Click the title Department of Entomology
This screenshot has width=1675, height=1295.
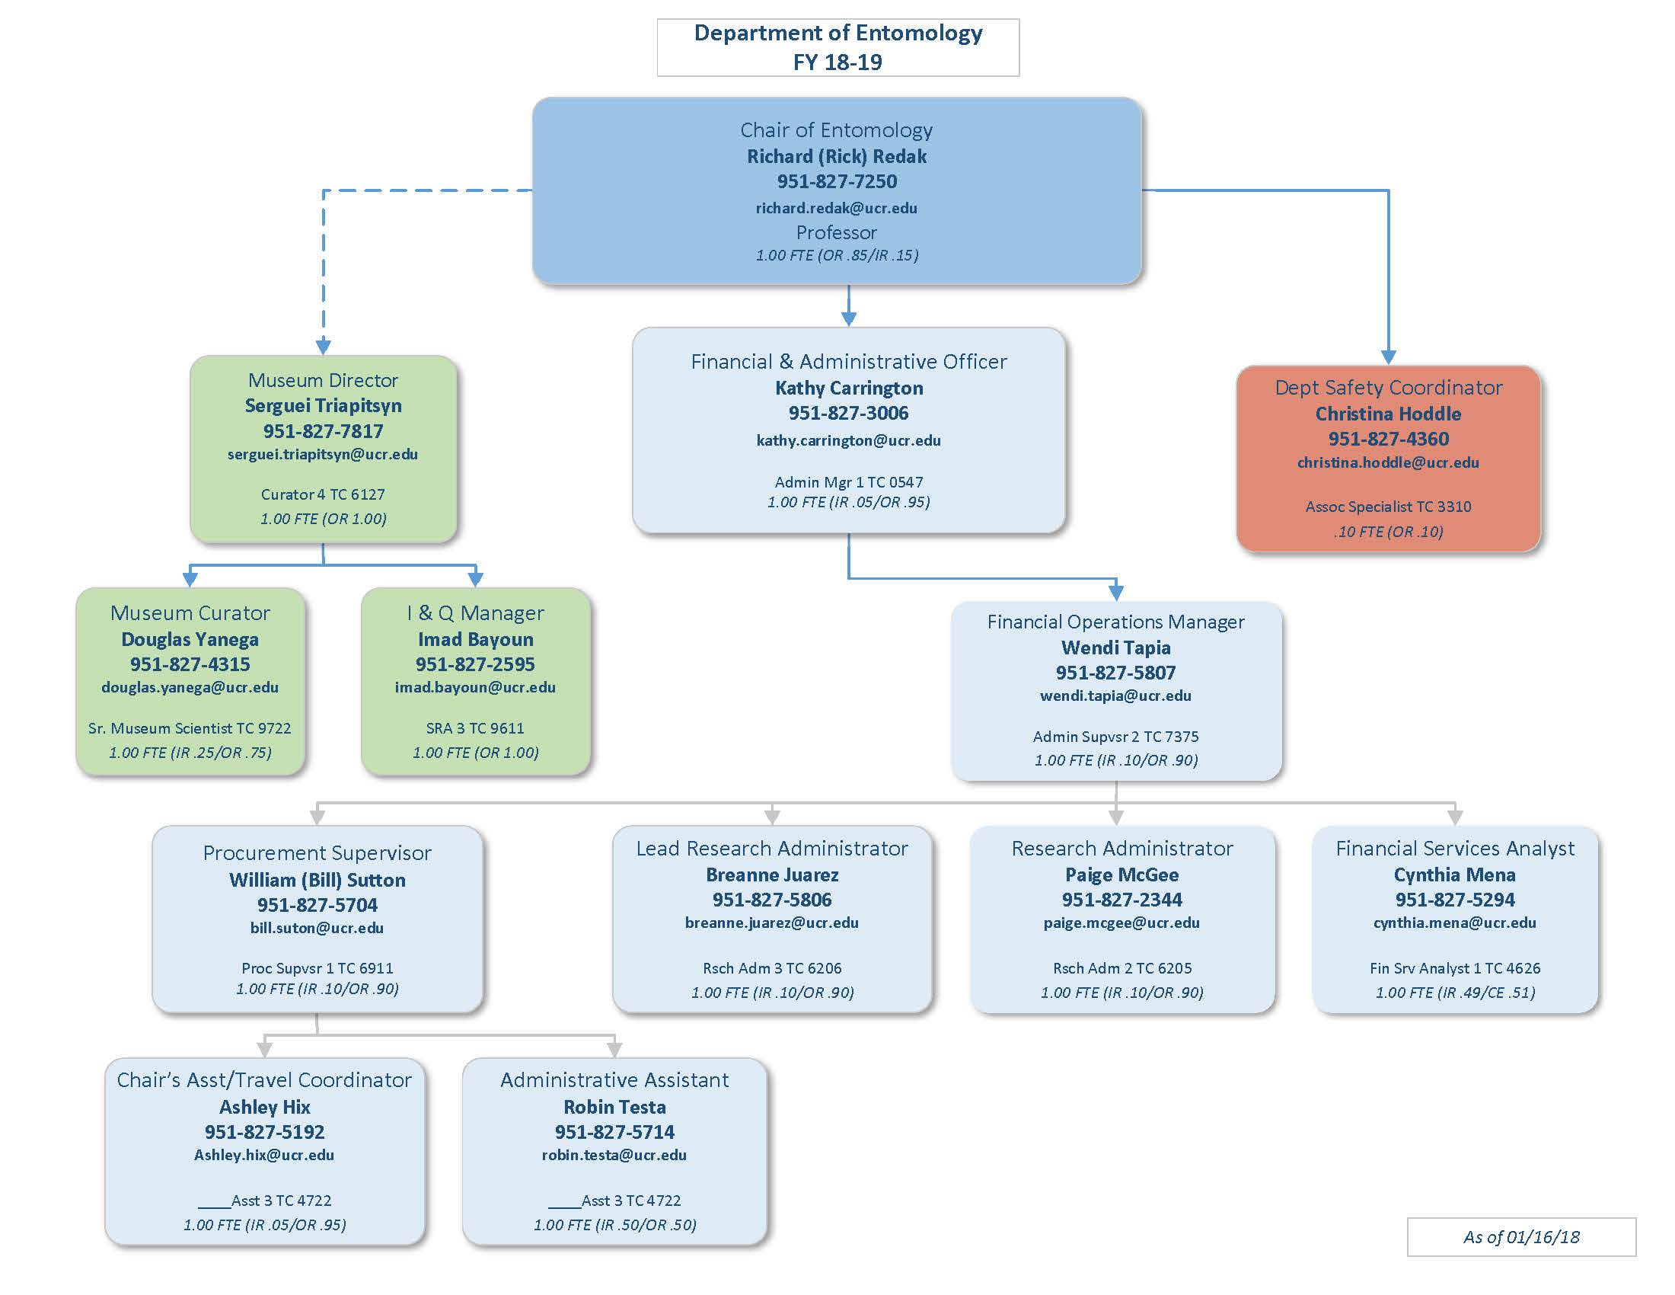pyautogui.click(x=837, y=33)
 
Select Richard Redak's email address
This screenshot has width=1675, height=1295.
pyautogui.click(x=836, y=208)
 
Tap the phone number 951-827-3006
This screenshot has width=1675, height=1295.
pyautogui.click(x=848, y=414)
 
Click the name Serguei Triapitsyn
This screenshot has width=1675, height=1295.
pyautogui.click(x=323, y=406)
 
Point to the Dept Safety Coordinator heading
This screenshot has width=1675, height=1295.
pyautogui.click(x=1388, y=388)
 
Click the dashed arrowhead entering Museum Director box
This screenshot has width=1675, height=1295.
pyautogui.click(x=324, y=347)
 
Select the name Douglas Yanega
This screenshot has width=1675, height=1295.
pyautogui.click(x=190, y=639)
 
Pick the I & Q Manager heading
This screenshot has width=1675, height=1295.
pyautogui.click(x=476, y=613)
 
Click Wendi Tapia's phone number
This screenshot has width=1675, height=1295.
pyautogui.click(x=1115, y=673)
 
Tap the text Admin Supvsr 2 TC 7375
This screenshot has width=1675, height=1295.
pyautogui.click(x=1115, y=737)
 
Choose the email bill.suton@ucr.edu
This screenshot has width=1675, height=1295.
pyautogui.click(x=317, y=928)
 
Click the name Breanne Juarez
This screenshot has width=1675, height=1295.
pyautogui.click(x=771, y=875)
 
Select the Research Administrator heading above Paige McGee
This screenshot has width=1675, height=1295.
pyautogui.click(x=1121, y=849)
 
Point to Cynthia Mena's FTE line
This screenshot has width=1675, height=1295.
pyautogui.click(x=1455, y=993)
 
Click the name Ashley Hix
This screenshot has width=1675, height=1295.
pyautogui.click(x=265, y=1107)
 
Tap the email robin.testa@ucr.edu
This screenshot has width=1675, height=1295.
pyautogui.click(x=614, y=1156)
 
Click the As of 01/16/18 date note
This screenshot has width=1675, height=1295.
pyautogui.click(x=1521, y=1236)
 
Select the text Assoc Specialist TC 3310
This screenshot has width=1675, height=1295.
pyautogui.click(x=1388, y=507)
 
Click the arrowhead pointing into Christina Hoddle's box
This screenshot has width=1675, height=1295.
pyautogui.click(x=1388, y=357)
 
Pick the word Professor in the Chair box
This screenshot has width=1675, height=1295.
pyautogui.click(x=836, y=232)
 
